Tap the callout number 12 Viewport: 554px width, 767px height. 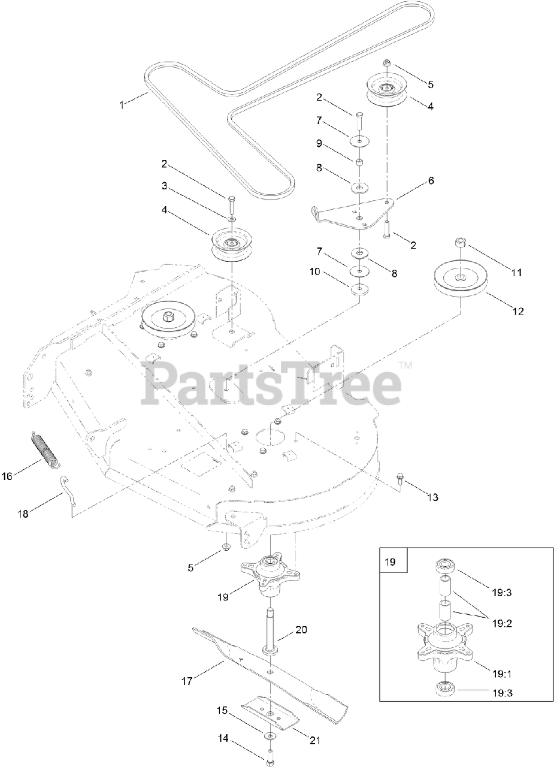(518, 311)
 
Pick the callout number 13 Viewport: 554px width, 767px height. (432, 497)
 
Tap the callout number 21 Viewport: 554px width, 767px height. (314, 741)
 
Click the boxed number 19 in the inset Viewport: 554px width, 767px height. (390, 562)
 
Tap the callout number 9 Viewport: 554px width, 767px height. (320, 143)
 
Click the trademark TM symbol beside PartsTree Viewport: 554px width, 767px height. (405, 364)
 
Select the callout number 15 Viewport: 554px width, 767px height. (222, 711)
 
